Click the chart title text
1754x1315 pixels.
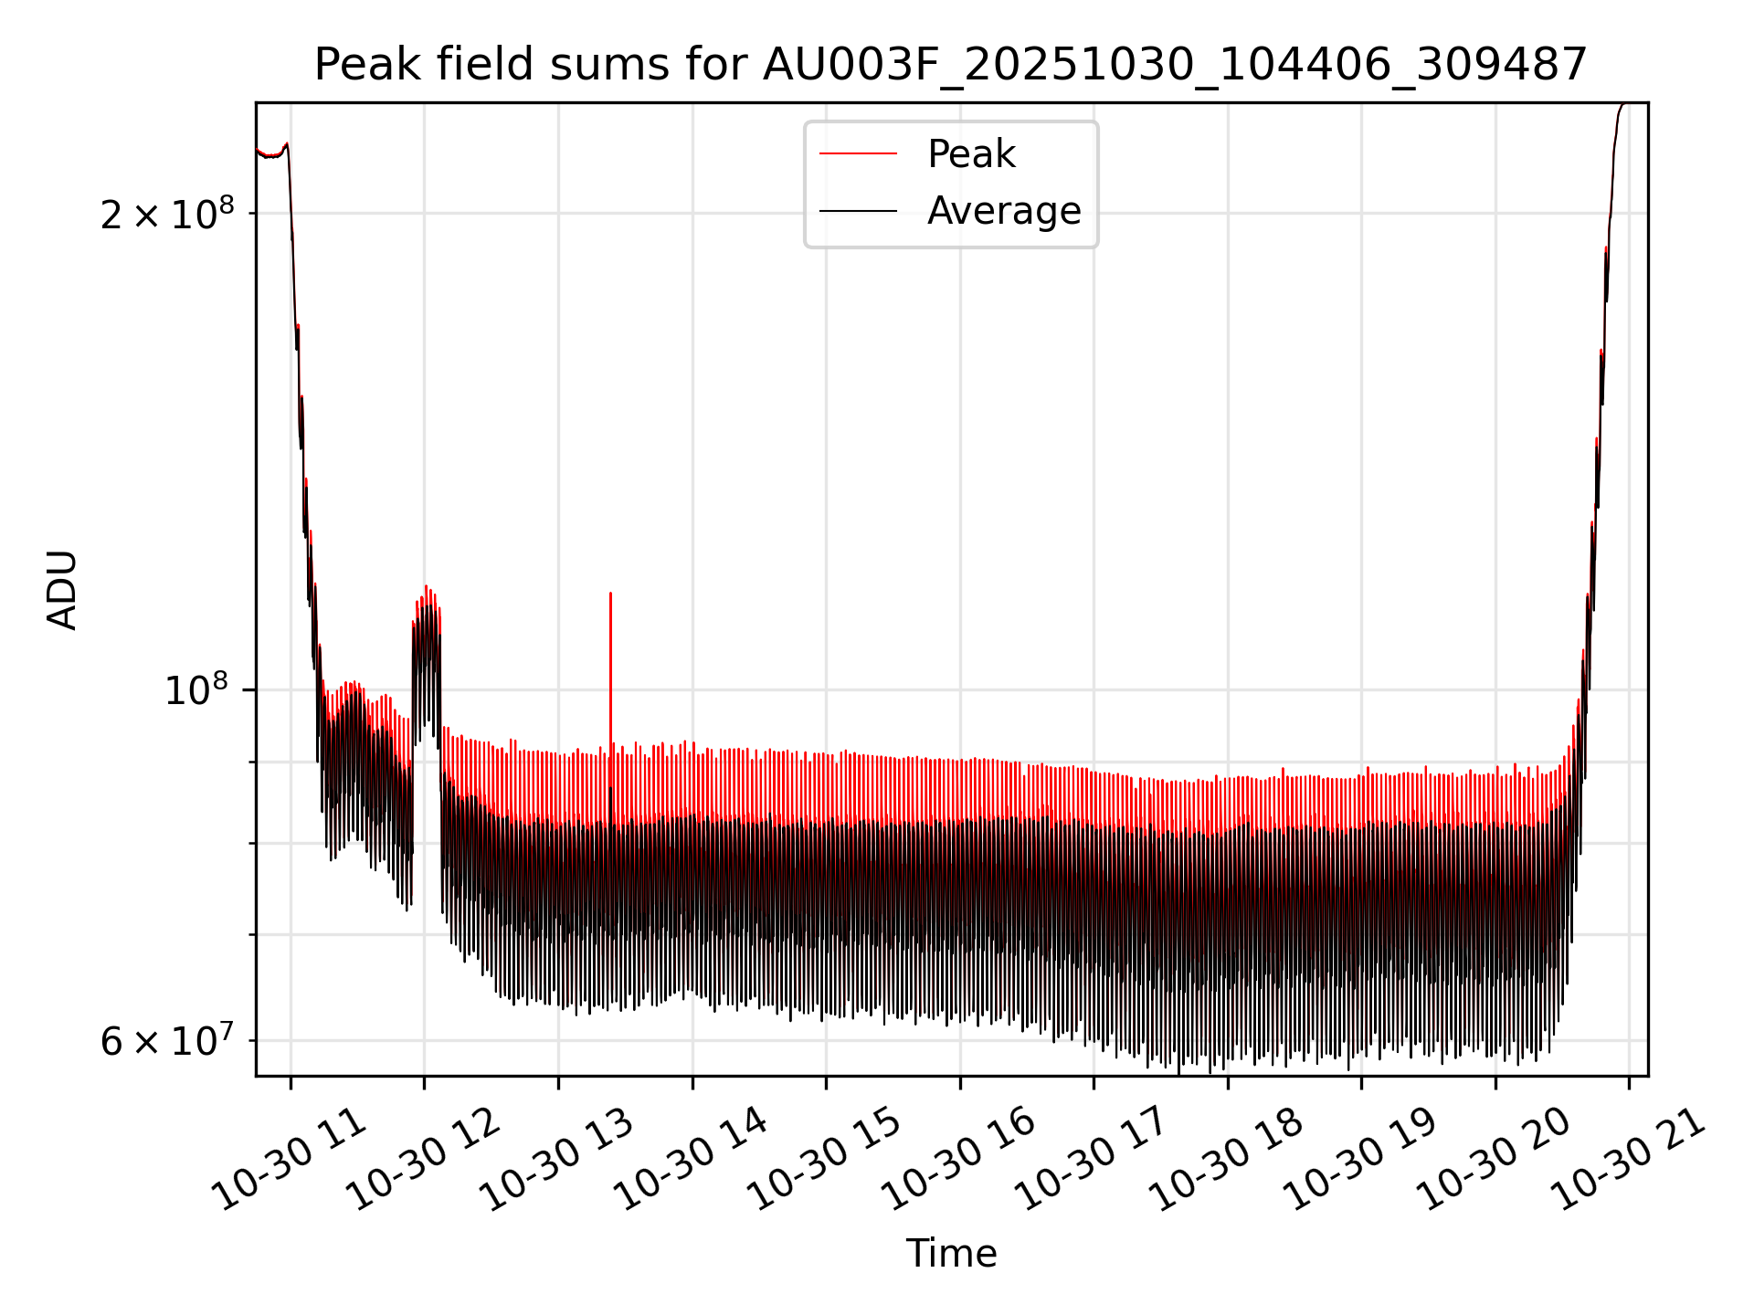(x=951, y=66)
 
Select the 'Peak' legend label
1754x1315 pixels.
(x=971, y=154)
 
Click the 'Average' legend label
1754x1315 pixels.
(x=1004, y=211)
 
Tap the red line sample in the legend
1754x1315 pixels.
(x=858, y=154)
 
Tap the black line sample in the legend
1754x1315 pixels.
(x=858, y=211)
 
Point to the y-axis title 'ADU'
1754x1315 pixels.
(x=62, y=590)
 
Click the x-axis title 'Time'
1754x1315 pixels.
(x=951, y=1254)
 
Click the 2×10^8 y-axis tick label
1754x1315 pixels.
(x=167, y=216)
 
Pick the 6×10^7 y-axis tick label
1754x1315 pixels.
(x=167, y=1041)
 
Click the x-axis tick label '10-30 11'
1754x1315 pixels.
(x=291, y=1161)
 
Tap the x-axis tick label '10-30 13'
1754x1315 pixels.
(x=557, y=1161)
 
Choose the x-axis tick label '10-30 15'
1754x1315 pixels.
(x=825, y=1161)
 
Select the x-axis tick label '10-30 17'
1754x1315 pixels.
(x=1093, y=1161)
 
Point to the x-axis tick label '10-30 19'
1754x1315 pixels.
(x=1360, y=1161)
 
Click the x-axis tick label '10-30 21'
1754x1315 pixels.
(x=1628, y=1161)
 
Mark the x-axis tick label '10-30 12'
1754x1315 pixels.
(x=424, y=1161)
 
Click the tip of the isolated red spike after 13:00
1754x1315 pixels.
(x=610, y=594)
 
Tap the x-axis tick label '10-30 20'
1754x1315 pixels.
(x=1495, y=1161)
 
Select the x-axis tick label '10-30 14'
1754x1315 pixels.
(x=692, y=1161)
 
